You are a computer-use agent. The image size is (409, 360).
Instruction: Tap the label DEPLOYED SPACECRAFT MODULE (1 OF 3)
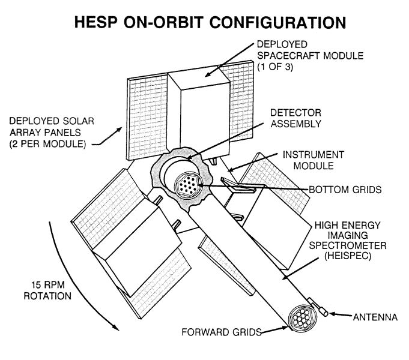click(295, 55)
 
